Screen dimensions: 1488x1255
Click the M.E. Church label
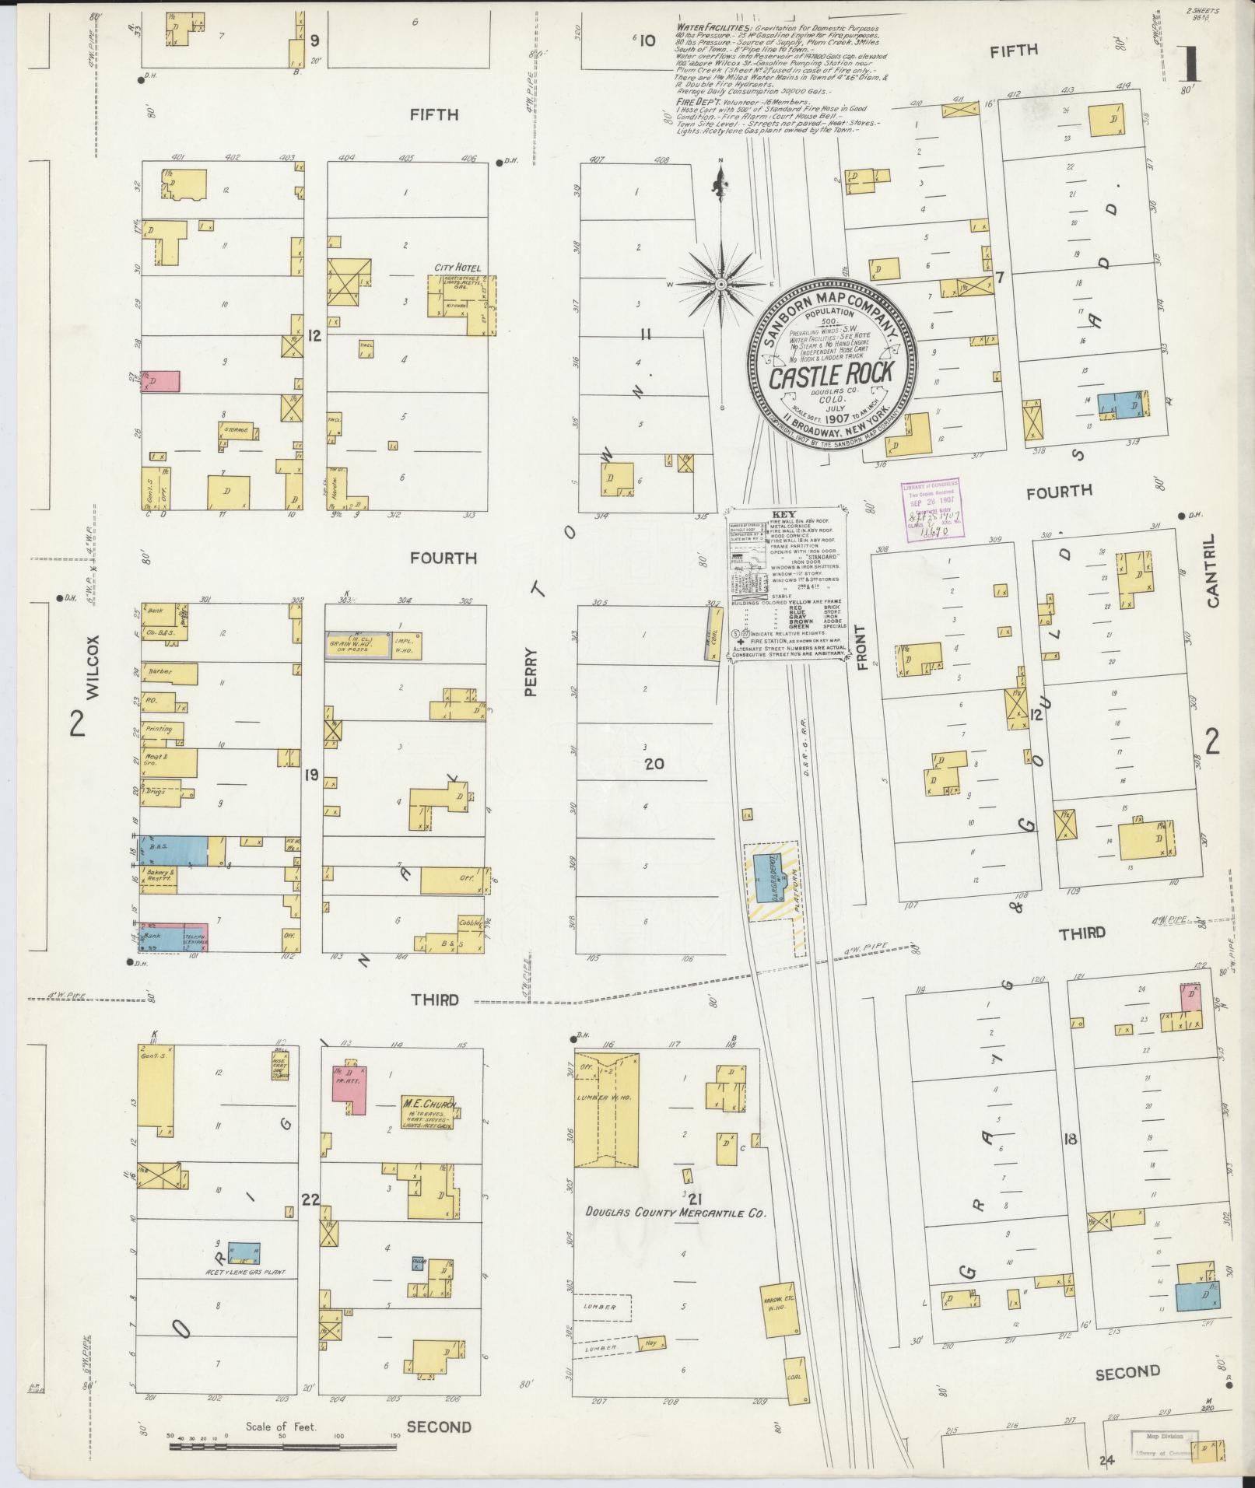[x=428, y=1102]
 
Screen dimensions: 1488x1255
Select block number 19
[x=312, y=775]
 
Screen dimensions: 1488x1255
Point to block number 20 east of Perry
[x=654, y=764]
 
